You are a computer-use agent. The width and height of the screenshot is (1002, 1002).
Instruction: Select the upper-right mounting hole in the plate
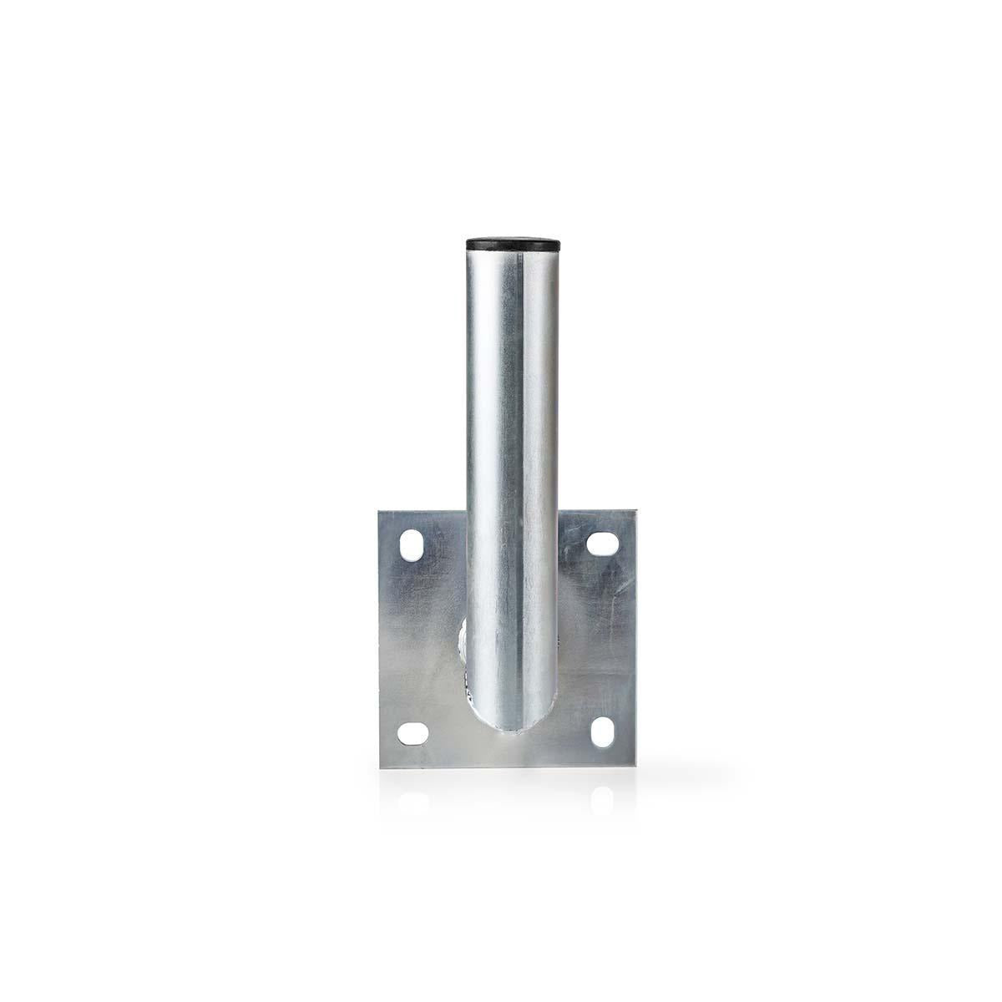pos(601,543)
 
